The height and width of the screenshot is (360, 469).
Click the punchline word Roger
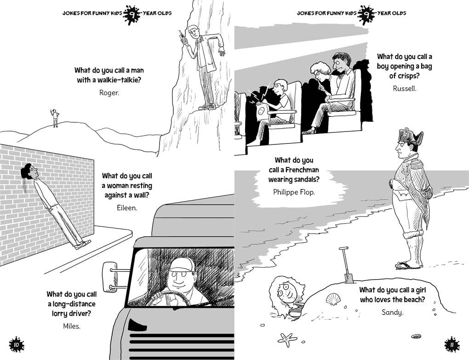point(109,93)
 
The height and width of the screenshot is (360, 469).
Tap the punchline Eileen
point(127,208)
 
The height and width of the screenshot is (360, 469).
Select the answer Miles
point(72,326)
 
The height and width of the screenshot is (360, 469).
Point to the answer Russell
point(404,88)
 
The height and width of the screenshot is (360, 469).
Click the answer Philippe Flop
point(294,192)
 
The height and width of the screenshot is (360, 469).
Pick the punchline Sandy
point(392,313)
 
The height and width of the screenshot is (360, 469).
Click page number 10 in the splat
point(17,345)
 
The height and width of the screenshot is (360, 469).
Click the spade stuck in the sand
point(346,265)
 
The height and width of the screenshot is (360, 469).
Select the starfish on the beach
point(287,339)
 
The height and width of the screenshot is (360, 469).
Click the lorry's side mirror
point(110,277)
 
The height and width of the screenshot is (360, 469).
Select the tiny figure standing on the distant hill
point(55,118)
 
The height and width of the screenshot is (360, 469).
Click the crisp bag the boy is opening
point(262,109)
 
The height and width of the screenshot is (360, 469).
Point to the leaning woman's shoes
point(82,245)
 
